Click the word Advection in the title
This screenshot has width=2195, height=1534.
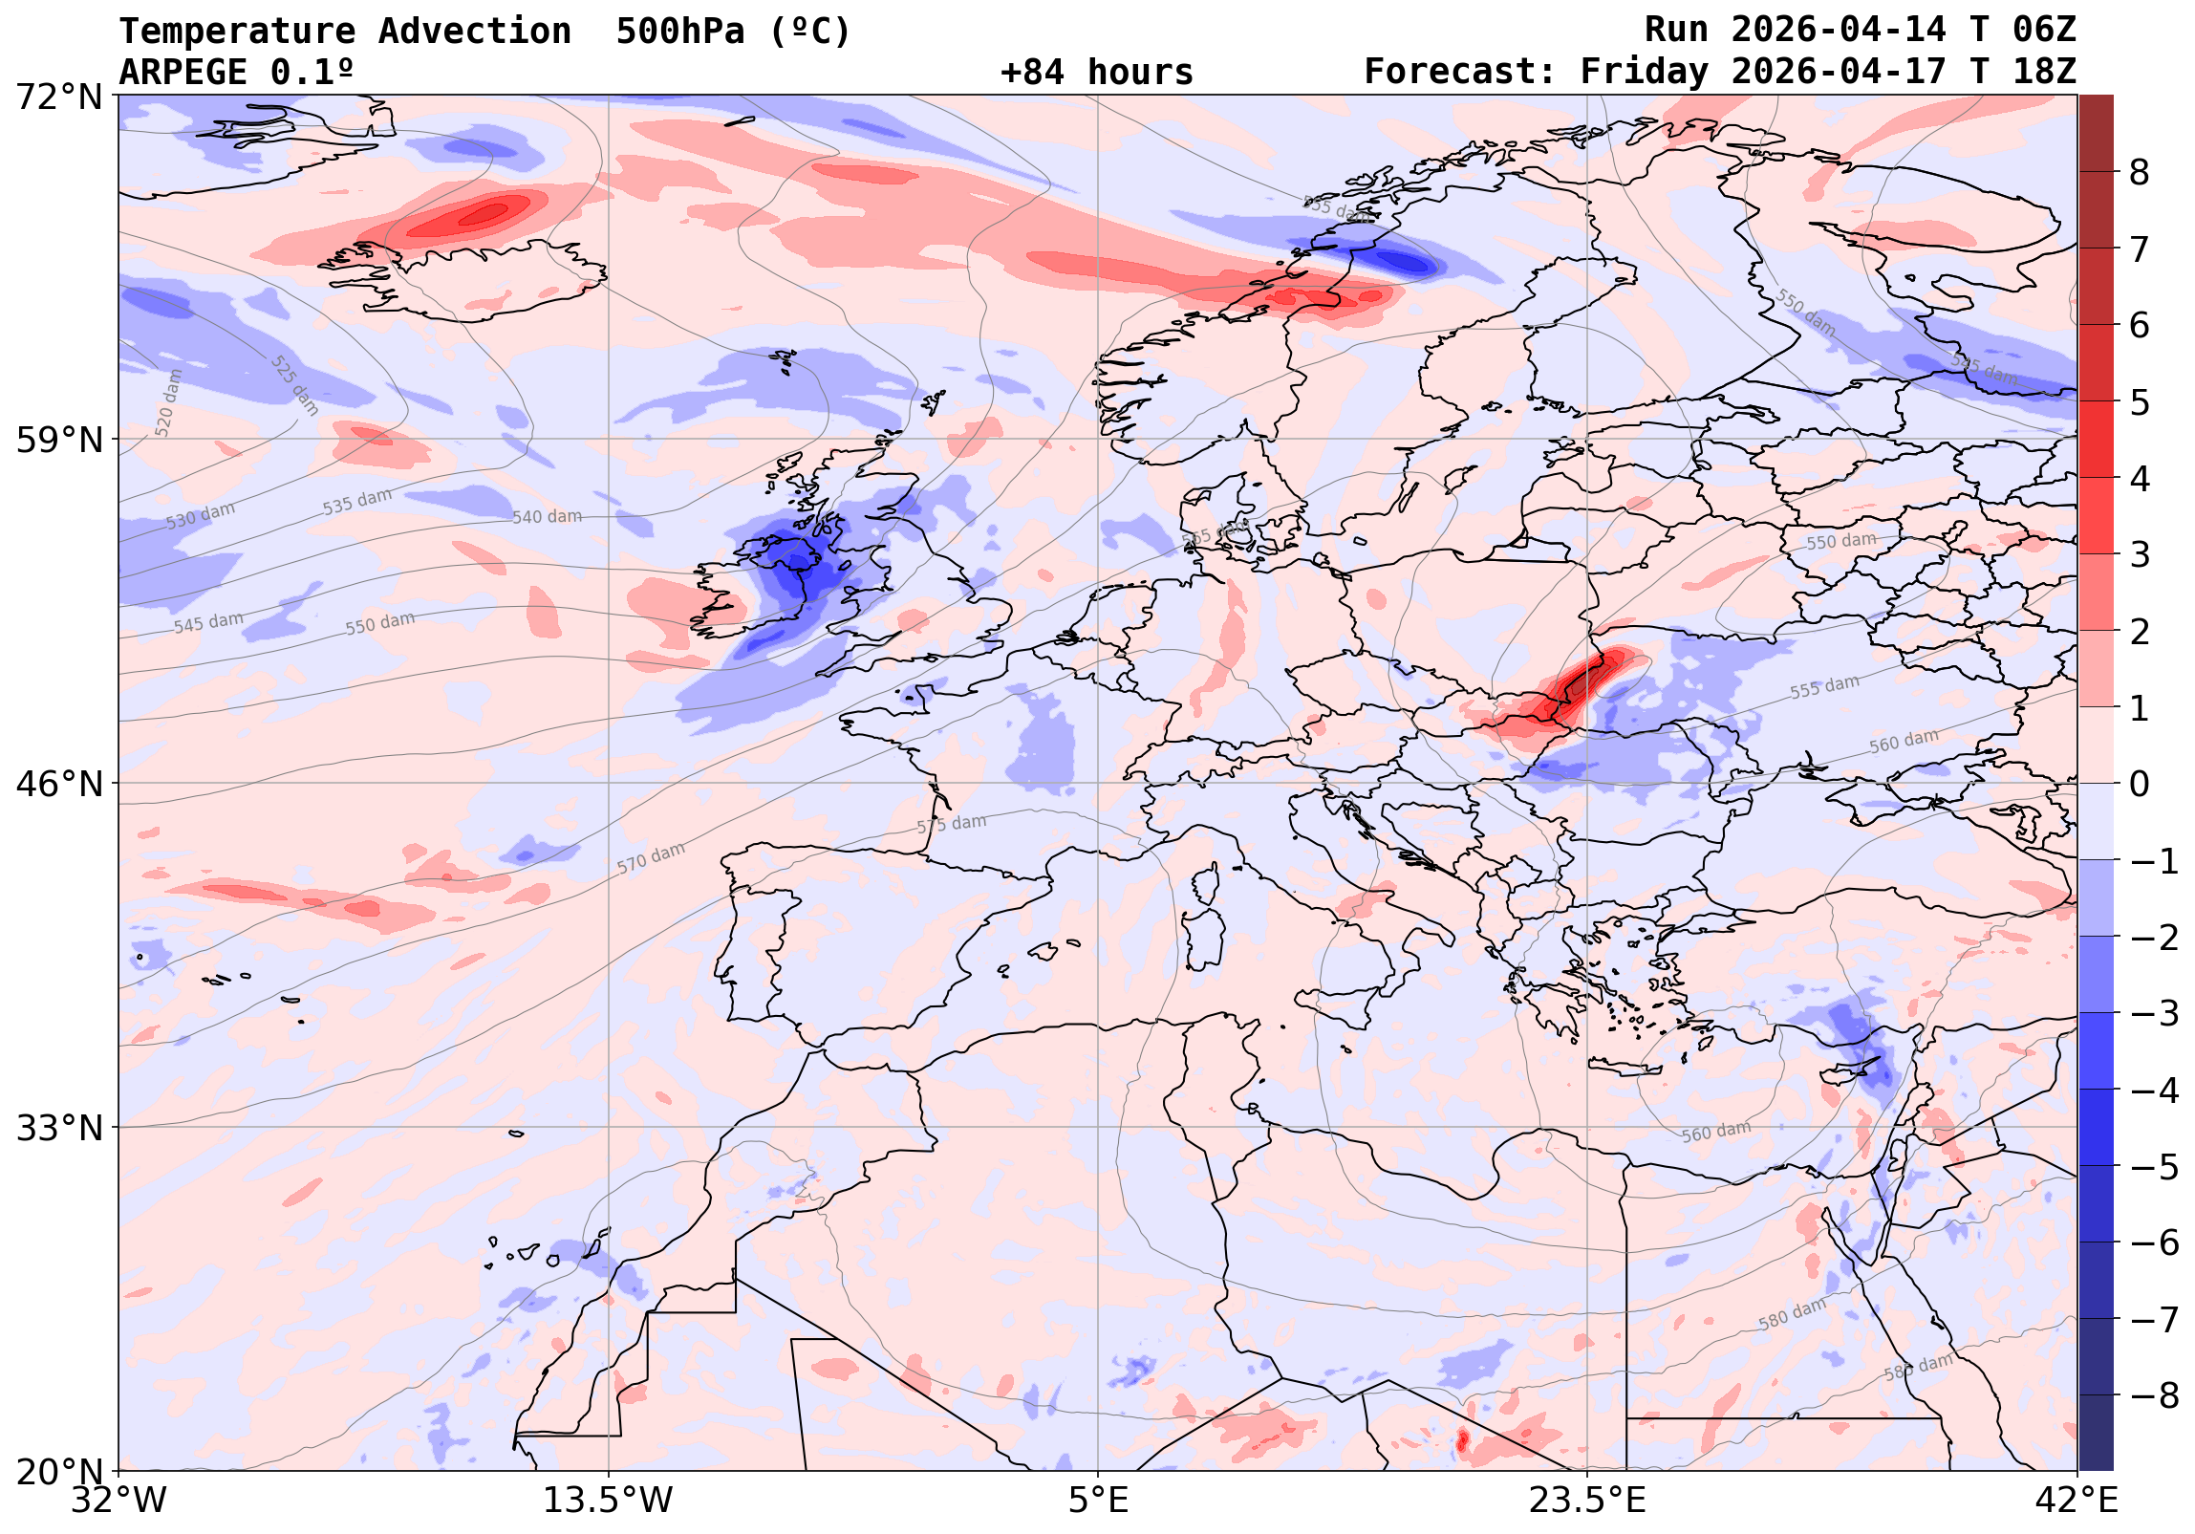tap(474, 32)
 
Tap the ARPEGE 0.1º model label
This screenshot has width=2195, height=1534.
tap(236, 73)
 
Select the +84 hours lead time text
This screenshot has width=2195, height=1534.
tap(1096, 73)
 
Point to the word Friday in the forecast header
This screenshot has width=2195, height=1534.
tap(1643, 73)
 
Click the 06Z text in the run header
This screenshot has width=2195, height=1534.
tap(2044, 31)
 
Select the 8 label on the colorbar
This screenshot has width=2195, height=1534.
tap(2140, 173)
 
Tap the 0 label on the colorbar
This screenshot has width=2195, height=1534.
tap(2140, 785)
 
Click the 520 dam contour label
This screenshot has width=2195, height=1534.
tap(168, 402)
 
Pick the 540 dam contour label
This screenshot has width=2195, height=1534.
tap(547, 517)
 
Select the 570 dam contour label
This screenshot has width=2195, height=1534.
tap(651, 858)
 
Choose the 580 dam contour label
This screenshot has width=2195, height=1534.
tap(1792, 1314)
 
